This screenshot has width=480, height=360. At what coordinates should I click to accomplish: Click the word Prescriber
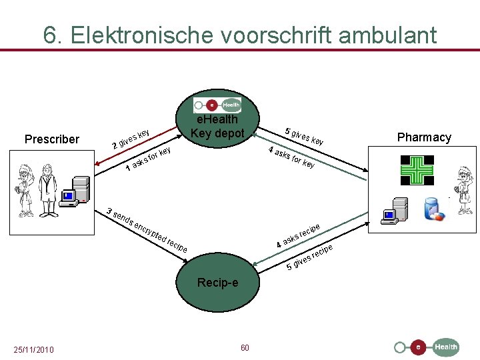tap(51, 139)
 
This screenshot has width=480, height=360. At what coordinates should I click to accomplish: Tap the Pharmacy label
tap(424, 137)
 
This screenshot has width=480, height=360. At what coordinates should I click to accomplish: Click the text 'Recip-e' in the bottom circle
tap(217, 283)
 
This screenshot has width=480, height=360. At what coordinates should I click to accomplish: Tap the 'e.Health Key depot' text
tap(217, 126)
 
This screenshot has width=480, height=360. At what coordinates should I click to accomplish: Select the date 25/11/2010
tap(33, 349)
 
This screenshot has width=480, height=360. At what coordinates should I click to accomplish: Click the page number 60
tap(245, 348)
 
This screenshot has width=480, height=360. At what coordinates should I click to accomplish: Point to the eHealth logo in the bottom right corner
tap(427, 347)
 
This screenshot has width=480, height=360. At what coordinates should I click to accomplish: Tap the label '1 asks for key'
tap(149, 158)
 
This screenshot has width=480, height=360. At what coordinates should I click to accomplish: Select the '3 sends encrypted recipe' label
tap(147, 231)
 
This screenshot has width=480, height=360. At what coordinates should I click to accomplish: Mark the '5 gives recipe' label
tap(309, 258)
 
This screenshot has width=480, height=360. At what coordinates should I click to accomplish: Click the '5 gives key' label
tap(304, 136)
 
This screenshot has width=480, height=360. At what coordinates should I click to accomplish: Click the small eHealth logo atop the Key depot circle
tap(217, 105)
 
